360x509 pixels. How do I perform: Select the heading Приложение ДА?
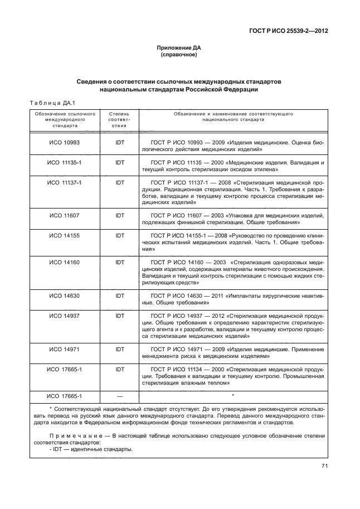click(x=179, y=49)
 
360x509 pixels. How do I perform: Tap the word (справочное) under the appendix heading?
click(x=179, y=56)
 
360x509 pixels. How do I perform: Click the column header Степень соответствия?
click(x=119, y=119)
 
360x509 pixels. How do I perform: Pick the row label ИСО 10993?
click(x=64, y=143)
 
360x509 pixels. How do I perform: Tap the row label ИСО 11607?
click(x=64, y=215)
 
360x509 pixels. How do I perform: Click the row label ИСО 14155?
click(x=64, y=236)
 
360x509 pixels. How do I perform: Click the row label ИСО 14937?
click(x=64, y=316)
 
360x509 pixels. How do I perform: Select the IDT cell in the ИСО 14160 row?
click(x=119, y=262)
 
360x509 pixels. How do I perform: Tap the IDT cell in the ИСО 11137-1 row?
click(x=119, y=183)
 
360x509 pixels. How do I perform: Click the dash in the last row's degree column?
click(x=119, y=396)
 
